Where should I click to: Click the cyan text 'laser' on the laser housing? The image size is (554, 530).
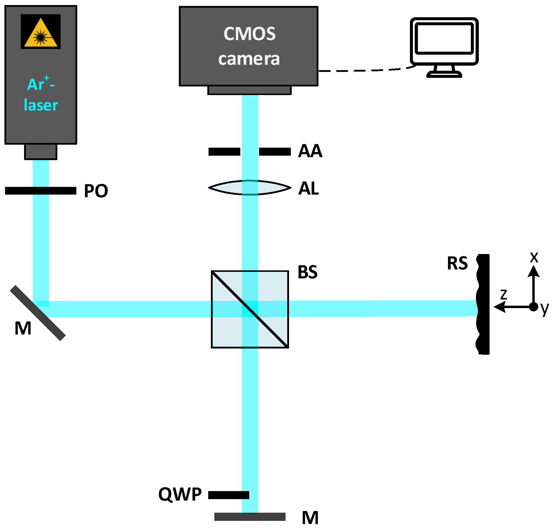(x=41, y=105)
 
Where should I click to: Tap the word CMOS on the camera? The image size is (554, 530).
(x=250, y=34)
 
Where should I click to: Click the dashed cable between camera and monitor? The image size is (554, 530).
(x=365, y=70)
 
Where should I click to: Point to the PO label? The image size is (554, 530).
(x=96, y=191)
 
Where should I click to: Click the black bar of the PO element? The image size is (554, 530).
(x=18, y=191)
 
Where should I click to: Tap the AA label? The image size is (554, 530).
(x=310, y=151)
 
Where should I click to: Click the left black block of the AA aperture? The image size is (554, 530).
(x=224, y=152)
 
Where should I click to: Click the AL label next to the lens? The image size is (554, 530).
(x=309, y=188)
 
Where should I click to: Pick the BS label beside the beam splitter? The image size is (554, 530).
(x=307, y=272)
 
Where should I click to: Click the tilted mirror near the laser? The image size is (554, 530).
(x=38, y=313)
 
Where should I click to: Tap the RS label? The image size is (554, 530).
(x=457, y=263)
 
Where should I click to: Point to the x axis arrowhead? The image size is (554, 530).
(x=534, y=271)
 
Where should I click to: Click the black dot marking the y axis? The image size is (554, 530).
(x=534, y=307)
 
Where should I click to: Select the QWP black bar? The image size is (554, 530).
(x=228, y=495)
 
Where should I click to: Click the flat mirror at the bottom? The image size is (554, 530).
(x=250, y=517)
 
